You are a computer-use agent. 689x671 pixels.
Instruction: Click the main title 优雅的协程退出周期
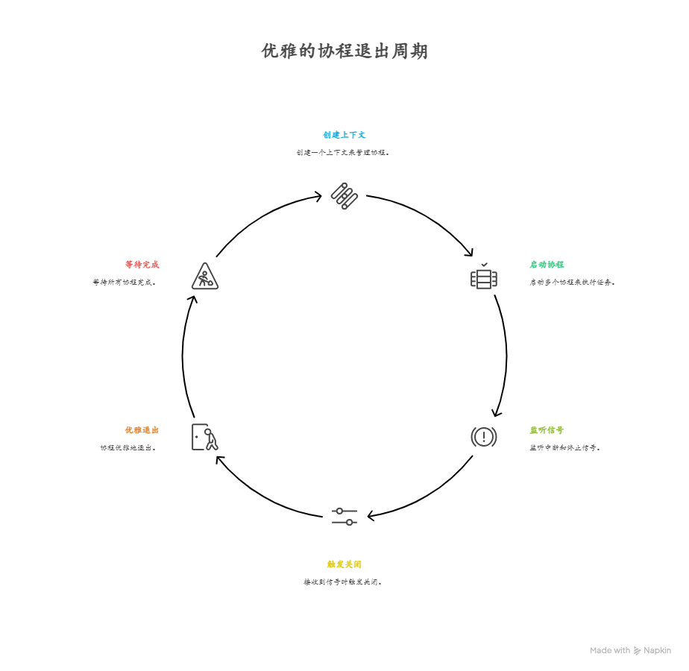[x=344, y=51]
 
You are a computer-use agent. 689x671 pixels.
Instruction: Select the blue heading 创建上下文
[x=344, y=135]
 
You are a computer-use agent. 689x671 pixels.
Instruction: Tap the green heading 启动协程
[x=547, y=265]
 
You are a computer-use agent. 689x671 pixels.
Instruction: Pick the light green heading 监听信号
[x=547, y=430]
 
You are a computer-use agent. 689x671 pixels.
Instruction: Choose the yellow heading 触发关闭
[x=344, y=564]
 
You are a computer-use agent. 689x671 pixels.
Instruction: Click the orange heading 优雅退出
[x=142, y=430]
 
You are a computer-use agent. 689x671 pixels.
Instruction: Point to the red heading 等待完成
[x=142, y=265]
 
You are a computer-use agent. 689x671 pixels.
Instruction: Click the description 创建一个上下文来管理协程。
[x=344, y=152]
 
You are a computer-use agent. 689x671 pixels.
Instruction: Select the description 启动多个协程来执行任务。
[x=573, y=283]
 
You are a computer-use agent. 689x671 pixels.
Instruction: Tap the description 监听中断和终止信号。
[x=565, y=448]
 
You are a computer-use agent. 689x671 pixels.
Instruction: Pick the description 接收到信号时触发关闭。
[x=344, y=582]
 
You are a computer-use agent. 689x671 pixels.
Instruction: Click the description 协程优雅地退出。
[x=129, y=448]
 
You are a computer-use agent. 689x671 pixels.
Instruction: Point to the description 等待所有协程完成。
[x=125, y=283]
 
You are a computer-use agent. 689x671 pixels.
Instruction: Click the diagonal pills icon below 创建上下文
[x=344, y=195]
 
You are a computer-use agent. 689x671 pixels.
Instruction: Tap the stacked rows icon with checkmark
[x=484, y=277]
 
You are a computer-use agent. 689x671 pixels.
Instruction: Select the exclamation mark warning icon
[x=483, y=437]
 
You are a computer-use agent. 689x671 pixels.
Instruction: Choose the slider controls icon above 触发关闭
[x=344, y=516]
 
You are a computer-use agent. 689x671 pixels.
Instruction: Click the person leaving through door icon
[x=204, y=437]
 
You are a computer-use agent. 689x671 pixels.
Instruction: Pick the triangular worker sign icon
[x=204, y=277]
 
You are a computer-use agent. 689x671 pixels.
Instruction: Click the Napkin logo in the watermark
[x=637, y=651]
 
